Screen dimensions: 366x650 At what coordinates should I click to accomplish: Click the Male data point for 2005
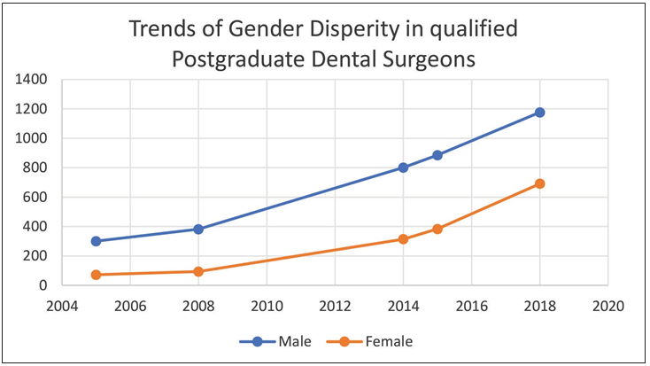click(x=96, y=241)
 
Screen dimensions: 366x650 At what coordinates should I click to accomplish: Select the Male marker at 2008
click(x=198, y=230)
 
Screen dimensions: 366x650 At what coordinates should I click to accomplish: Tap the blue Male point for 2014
click(x=403, y=167)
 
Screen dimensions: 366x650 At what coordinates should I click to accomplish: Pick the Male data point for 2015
click(x=437, y=155)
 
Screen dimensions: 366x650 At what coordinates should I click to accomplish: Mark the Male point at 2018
click(x=539, y=113)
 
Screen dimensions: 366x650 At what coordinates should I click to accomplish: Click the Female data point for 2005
click(x=96, y=275)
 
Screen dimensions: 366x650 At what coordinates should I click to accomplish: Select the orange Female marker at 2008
click(x=198, y=271)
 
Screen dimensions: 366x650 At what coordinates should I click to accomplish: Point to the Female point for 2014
click(x=403, y=239)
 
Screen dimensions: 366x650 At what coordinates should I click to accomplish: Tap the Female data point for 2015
click(x=437, y=229)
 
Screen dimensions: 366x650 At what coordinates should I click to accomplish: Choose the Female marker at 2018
click(x=539, y=183)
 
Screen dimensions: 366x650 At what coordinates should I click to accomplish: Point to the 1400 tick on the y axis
click(x=31, y=80)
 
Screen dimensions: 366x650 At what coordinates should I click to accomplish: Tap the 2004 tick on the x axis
click(x=62, y=307)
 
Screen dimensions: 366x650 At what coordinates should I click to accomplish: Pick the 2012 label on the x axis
click(x=334, y=307)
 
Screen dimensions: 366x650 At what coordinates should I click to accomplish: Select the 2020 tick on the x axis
click(x=607, y=307)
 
